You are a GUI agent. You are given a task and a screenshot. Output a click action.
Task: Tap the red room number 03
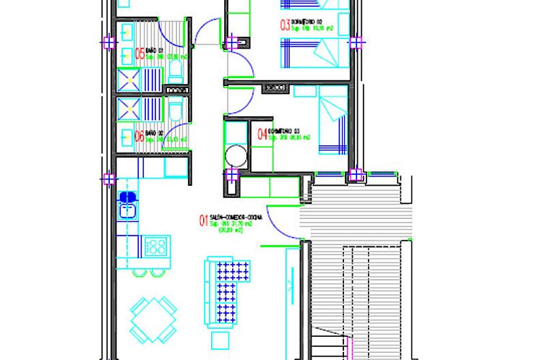click(285, 25)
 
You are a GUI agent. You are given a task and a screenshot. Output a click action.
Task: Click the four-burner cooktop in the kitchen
click(156, 246)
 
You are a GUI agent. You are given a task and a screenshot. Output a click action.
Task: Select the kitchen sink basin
click(128, 211)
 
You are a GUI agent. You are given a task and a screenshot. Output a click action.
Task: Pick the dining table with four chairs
click(154, 319)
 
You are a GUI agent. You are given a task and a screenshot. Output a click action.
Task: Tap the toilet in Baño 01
click(176, 71)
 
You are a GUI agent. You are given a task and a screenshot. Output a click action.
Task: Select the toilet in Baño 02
click(176, 108)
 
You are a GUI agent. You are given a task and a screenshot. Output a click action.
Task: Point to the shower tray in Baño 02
click(129, 108)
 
